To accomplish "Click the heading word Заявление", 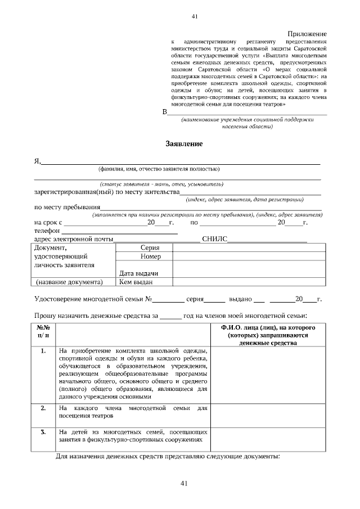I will click(x=184, y=144).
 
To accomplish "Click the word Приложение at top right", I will click(x=308, y=34).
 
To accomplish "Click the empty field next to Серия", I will click(x=248, y=247).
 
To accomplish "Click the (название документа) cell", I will click(x=69, y=282).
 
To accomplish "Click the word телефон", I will click(x=47, y=231).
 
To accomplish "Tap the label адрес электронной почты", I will click(x=74, y=239).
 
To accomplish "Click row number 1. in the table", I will click(x=43, y=350).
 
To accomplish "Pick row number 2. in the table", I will click(x=43, y=407).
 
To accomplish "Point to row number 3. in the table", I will click(x=43, y=431).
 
